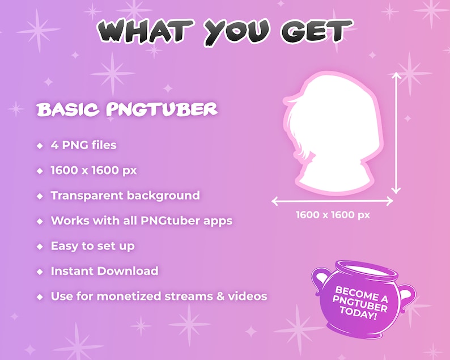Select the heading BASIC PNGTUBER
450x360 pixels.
pyautogui.click(x=127, y=109)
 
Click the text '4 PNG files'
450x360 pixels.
pyautogui.click(x=83, y=145)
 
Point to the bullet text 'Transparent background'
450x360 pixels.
pyautogui.click(x=125, y=196)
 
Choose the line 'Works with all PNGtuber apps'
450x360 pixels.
pyautogui.click(x=141, y=221)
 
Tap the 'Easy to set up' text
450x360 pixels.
pyautogui.click(x=92, y=246)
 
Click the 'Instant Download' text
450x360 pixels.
pyautogui.click(x=104, y=271)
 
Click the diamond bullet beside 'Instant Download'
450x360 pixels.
pyautogui.click(x=40, y=272)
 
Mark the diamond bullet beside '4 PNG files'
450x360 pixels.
pyautogui.click(x=40, y=146)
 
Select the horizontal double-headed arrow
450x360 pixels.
pyautogui.click(x=332, y=201)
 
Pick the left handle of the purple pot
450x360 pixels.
pyautogui.click(x=319, y=281)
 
